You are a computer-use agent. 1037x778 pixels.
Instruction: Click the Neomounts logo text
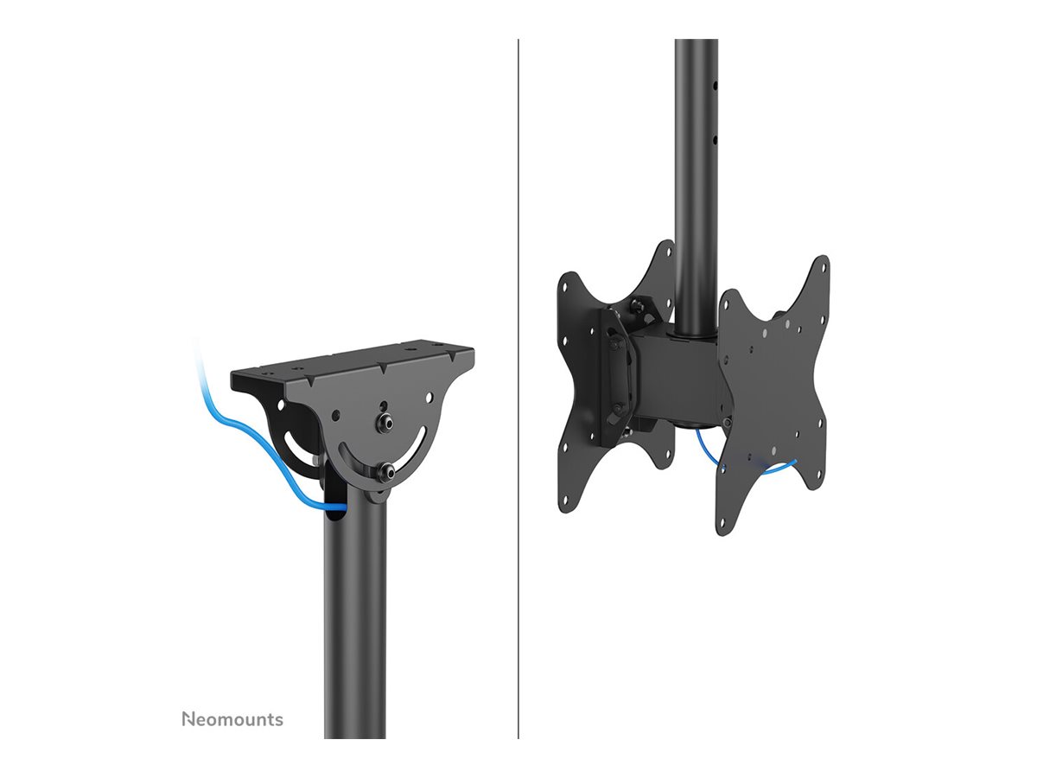point(232,719)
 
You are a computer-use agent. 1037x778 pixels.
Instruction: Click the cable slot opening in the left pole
point(335,515)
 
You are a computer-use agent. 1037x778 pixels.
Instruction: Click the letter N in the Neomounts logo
point(188,719)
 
